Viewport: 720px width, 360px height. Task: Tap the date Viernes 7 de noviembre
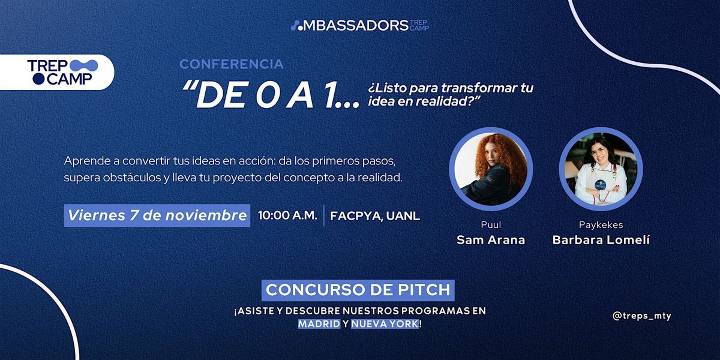(157, 215)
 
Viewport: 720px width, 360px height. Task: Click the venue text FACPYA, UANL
(375, 216)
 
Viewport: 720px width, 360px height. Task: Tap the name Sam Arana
(491, 240)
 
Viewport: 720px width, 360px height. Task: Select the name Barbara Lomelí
(601, 240)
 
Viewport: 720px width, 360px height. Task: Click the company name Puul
(491, 225)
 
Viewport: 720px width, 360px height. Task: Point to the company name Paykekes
(601, 225)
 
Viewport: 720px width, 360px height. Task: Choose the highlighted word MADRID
(319, 324)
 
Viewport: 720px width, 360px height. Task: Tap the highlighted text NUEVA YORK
(385, 324)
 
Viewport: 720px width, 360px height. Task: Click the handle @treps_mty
(642, 316)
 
